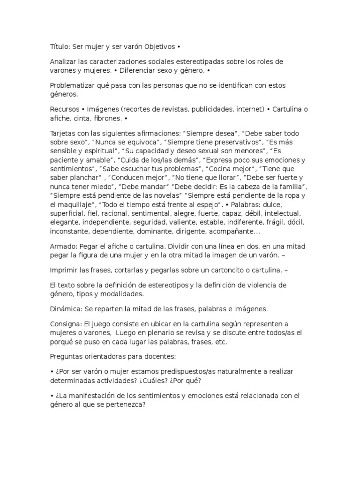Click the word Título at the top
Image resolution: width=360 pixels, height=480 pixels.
(x=60, y=47)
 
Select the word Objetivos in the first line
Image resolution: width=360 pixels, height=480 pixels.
(x=159, y=47)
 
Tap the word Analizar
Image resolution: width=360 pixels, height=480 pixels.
(x=64, y=62)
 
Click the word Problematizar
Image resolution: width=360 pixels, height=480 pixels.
(x=73, y=85)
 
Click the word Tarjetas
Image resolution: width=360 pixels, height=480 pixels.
(x=63, y=133)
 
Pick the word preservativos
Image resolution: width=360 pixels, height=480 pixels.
(x=238, y=142)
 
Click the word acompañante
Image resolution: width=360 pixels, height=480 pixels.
(x=231, y=232)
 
